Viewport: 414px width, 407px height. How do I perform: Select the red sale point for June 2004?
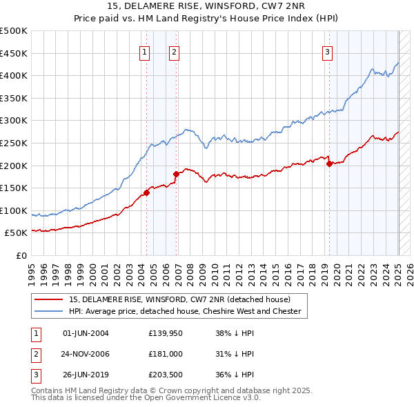(147, 192)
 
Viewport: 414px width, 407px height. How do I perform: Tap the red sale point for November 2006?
(177, 174)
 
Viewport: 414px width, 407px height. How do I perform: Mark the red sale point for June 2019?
(329, 163)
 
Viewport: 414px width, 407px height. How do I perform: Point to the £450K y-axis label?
(14, 53)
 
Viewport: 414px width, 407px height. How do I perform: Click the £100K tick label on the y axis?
(14, 211)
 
